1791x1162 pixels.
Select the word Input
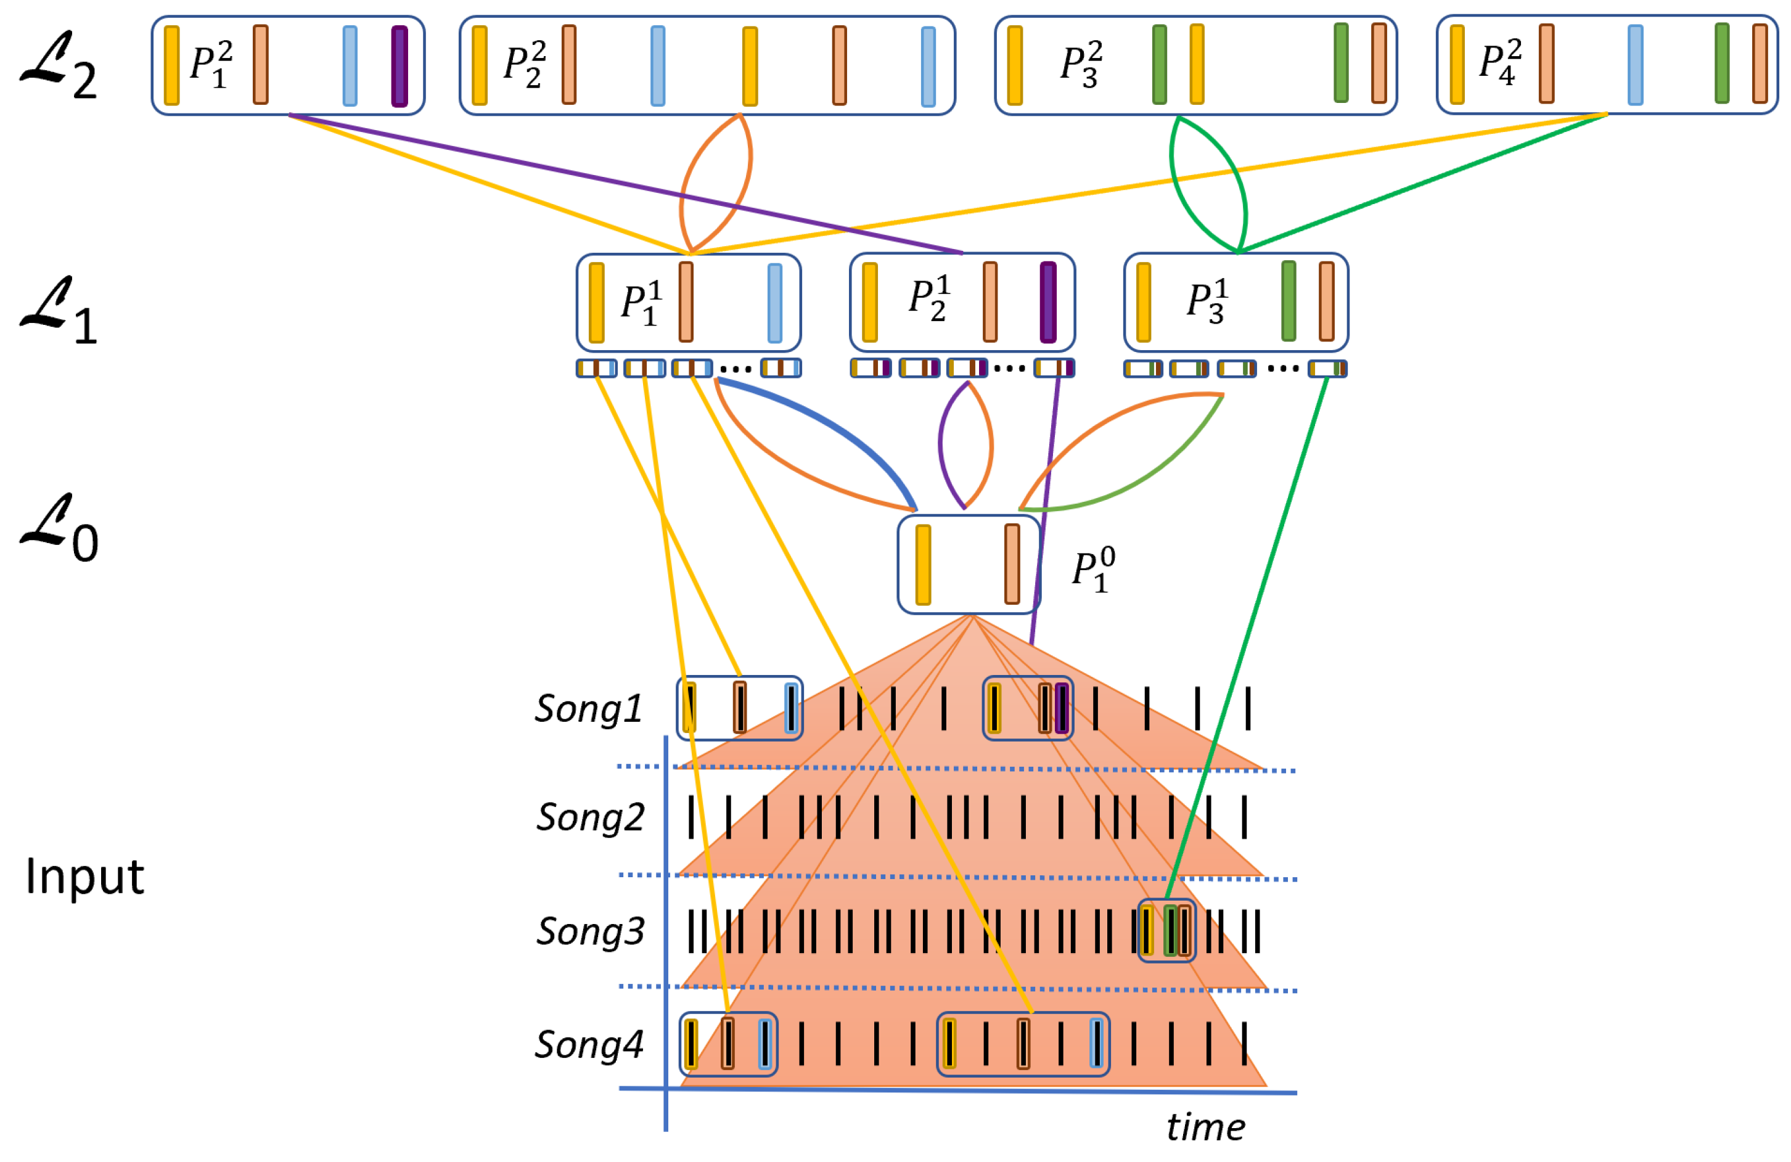point(84,877)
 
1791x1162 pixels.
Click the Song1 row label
point(588,708)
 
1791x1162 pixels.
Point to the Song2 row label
point(590,817)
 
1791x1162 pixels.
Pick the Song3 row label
point(590,931)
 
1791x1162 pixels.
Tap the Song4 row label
point(588,1044)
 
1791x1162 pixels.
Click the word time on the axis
point(1205,1127)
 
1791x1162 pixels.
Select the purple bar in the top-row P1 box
point(400,66)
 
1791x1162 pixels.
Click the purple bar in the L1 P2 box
point(1047,302)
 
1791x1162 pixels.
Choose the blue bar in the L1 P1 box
point(774,303)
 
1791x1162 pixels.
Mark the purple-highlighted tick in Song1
point(1062,708)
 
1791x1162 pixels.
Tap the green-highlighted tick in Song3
point(1170,931)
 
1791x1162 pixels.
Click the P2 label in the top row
point(525,65)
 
